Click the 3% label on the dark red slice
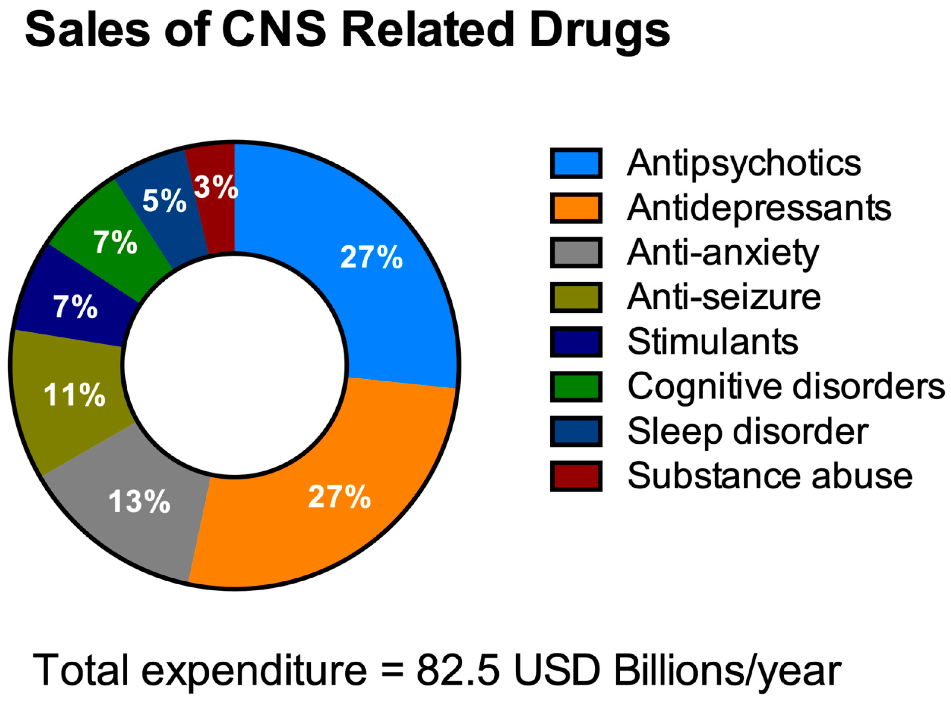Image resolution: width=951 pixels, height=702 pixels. (x=216, y=186)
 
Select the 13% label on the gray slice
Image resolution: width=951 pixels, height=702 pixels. (x=140, y=501)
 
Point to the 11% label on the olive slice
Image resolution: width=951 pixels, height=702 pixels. (x=74, y=395)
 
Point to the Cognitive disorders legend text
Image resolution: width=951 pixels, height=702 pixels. (x=786, y=386)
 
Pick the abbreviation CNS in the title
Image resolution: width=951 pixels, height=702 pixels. (x=274, y=30)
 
